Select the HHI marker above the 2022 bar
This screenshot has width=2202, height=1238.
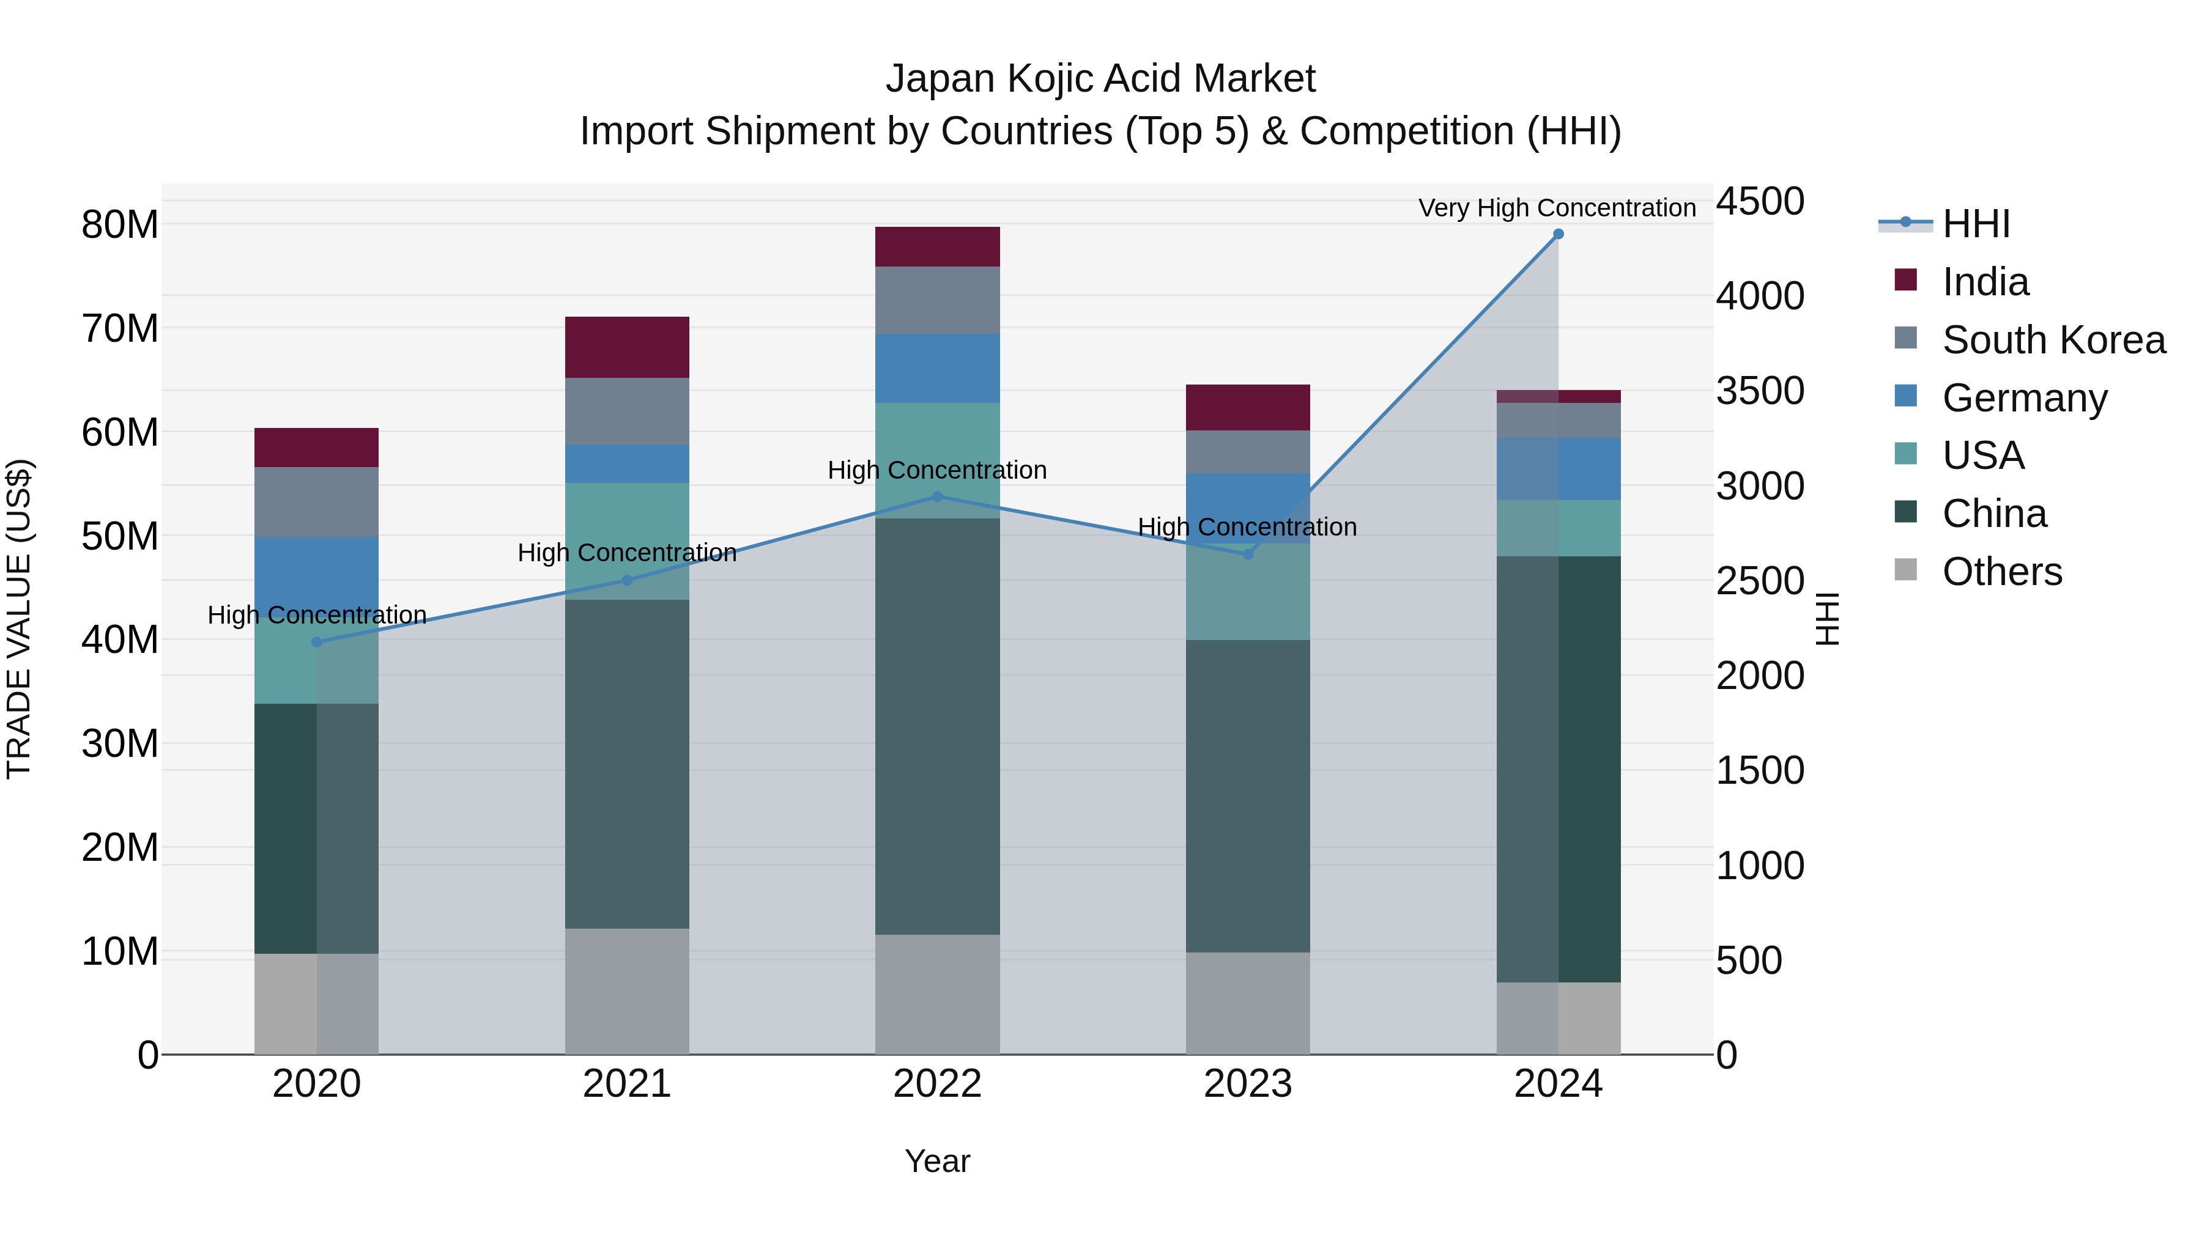click(937, 496)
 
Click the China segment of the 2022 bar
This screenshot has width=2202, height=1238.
click(937, 726)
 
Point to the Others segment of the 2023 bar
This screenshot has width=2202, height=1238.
click(1247, 1003)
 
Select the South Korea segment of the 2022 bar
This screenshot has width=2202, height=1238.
click(937, 300)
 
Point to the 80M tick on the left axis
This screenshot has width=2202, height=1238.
click(120, 225)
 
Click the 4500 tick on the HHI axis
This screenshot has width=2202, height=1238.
click(1760, 202)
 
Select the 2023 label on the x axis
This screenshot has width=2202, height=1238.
click(1247, 1084)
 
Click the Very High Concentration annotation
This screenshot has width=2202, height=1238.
click(1557, 208)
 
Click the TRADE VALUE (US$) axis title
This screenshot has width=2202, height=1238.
click(19, 619)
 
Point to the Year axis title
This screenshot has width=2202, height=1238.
click(937, 1161)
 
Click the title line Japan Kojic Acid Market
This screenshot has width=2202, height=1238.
click(1100, 79)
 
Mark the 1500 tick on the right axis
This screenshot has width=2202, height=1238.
click(1760, 771)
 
